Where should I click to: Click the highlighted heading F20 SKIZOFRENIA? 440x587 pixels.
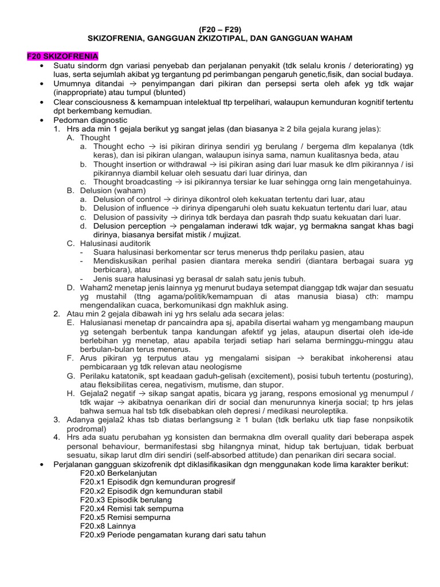click(62, 56)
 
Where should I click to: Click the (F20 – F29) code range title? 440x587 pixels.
click(220, 28)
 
